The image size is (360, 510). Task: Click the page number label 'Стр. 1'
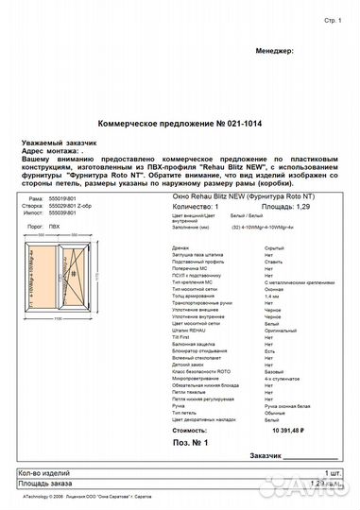click(332, 19)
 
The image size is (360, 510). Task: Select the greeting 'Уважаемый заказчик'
click(52, 142)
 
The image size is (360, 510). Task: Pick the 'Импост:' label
click(37, 212)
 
